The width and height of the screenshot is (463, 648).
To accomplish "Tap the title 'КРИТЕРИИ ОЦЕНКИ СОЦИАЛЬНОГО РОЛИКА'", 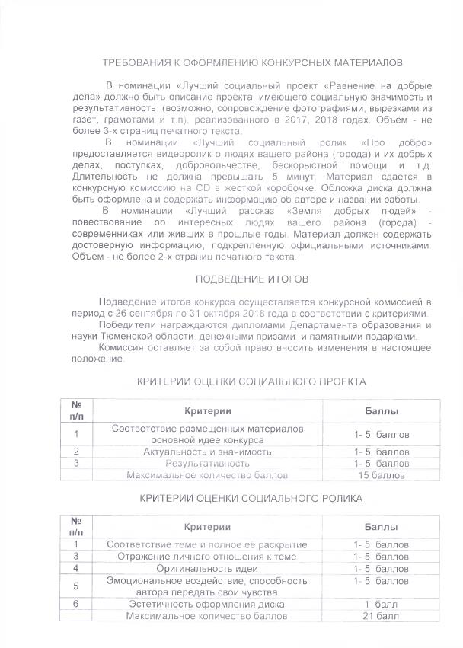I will click(x=251, y=499).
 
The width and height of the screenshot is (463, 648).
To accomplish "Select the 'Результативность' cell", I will click(x=207, y=463).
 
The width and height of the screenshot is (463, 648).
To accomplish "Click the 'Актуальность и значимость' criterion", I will click(x=207, y=452).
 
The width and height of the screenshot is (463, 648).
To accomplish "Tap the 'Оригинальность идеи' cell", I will click(x=207, y=569).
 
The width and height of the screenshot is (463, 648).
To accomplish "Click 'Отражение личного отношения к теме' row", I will click(x=207, y=557).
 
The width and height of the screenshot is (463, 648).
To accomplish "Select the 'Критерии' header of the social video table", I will click(x=207, y=527).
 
